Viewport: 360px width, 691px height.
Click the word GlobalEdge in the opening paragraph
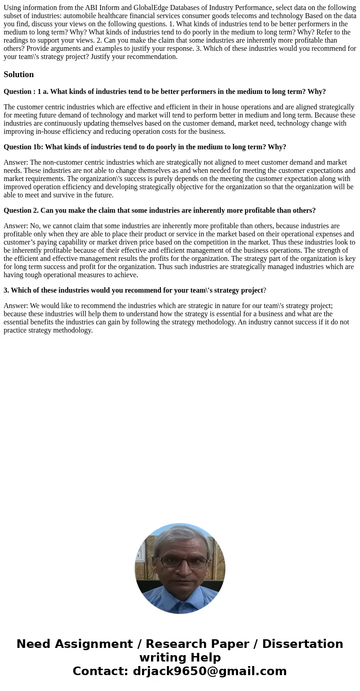coord(150,8)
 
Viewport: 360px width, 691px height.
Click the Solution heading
coord(19,74)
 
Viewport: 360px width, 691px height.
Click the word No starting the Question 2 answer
coord(34,226)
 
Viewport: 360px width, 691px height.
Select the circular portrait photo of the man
coord(180,568)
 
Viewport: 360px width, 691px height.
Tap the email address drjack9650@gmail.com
coord(209,671)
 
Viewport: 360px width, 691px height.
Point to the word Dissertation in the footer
coord(302,644)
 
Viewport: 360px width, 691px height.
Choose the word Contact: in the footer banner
coord(100,671)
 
